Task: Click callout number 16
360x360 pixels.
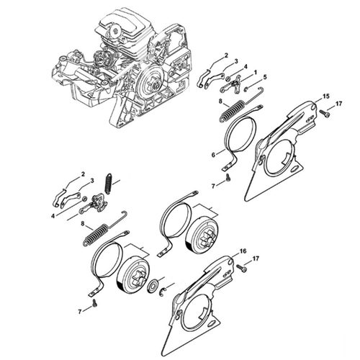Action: click(x=243, y=251)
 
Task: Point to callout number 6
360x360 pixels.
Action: click(x=213, y=155)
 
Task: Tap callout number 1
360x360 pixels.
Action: click(x=255, y=72)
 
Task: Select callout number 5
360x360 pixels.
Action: click(x=265, y=77)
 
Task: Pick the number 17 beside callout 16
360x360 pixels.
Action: click(x=256, y=258)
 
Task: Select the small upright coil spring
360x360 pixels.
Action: click(x=109, y=183)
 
